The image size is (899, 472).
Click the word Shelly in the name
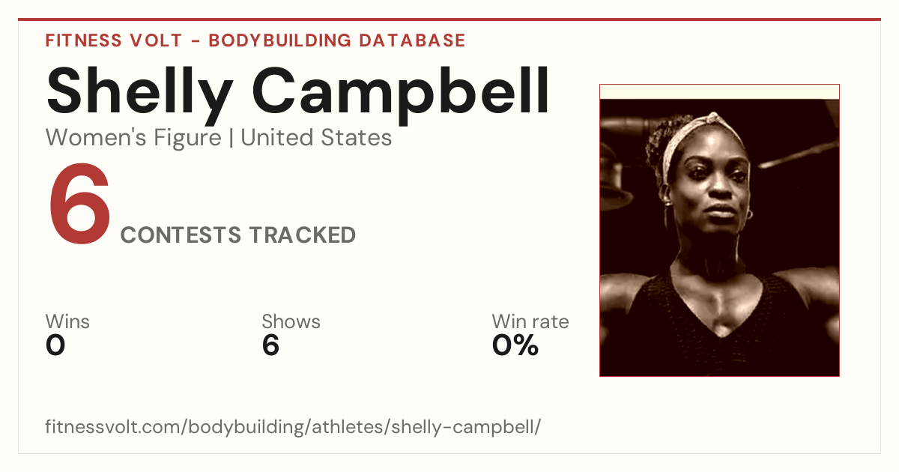pos(139,96)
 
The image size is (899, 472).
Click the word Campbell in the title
pos(400,96)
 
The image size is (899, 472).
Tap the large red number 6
pos(79,204)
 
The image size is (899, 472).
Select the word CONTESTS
pos(181,235)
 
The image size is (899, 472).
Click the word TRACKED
pos(302,235)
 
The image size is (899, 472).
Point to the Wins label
pos(67,321)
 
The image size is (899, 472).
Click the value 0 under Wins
pos(55,345)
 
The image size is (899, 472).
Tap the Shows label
pos(291,321)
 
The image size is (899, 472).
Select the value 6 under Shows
pos(270,345)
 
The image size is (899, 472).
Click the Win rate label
pos(530,321)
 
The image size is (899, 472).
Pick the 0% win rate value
pos(515,345)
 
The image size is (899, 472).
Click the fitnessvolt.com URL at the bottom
pos(293,426)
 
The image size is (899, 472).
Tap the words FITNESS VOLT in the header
pos(114,40)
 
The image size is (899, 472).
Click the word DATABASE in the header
pos(412,40)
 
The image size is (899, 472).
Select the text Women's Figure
pos(133,137)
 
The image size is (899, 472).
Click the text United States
pos(316,137)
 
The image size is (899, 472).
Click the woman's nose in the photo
pos(721,184)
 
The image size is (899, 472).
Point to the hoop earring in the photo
pos(749,214)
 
